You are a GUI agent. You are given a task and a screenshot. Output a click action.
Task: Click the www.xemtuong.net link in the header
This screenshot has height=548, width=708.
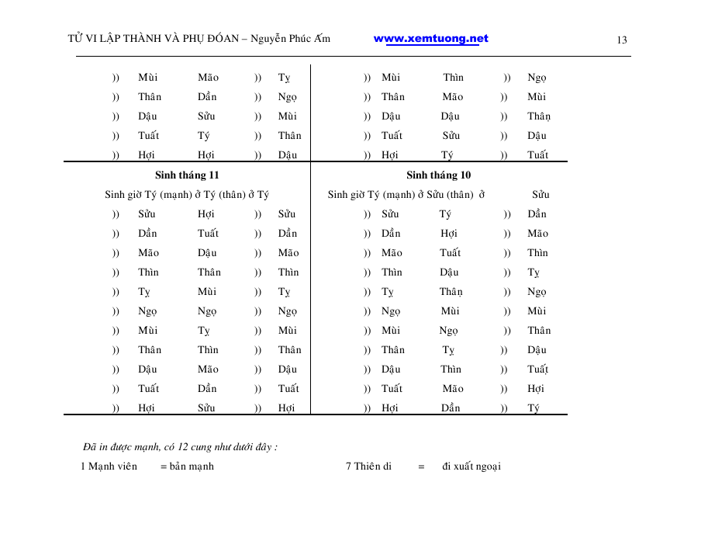click(430, 39)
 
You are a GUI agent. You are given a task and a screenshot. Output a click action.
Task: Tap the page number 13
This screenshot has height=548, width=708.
click(622, 40)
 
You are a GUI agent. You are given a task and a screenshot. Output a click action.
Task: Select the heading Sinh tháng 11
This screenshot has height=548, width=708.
click(187, 175)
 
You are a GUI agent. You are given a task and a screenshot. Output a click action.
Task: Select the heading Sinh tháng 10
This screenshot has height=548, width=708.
click(438, 175)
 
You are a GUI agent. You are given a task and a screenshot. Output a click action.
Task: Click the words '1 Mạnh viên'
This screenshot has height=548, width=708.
click(109, 466)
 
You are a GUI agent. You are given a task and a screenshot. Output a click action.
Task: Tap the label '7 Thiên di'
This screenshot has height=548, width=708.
click(368, 466)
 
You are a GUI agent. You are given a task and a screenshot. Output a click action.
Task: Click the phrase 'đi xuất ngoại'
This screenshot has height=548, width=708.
click(471, 466)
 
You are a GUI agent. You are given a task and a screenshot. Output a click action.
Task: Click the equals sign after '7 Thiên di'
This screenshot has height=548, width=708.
click(421, 467)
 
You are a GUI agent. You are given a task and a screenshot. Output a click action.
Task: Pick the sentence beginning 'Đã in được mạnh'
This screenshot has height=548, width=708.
click(180, 447)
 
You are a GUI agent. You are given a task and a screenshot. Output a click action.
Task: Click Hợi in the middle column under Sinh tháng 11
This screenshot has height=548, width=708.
click(206, 214)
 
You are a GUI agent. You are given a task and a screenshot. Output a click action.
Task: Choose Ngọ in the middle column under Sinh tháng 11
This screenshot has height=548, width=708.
click(207, 311)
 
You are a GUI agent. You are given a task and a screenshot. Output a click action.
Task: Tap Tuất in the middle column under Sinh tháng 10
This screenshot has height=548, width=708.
click(450, 253)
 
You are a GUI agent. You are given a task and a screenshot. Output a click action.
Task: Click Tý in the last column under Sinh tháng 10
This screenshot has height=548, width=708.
click(534, 408)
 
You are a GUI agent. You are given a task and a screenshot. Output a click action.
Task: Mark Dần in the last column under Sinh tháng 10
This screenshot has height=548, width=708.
click(537, 214)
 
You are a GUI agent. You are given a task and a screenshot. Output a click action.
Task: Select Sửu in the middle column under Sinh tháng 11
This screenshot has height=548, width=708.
click(206, 408)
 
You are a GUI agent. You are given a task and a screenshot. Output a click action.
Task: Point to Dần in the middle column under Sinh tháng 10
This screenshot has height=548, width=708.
click(451, 408)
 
